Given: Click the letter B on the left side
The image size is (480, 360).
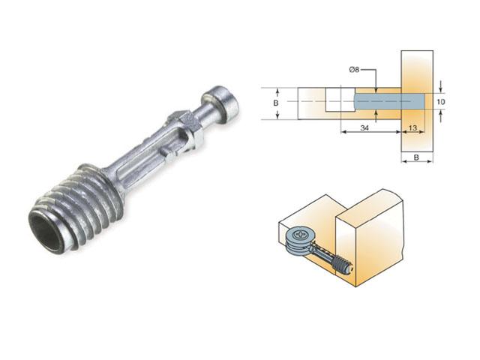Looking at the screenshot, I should coord(277,100).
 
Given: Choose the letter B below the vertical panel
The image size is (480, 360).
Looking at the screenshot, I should coord(417,158).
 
